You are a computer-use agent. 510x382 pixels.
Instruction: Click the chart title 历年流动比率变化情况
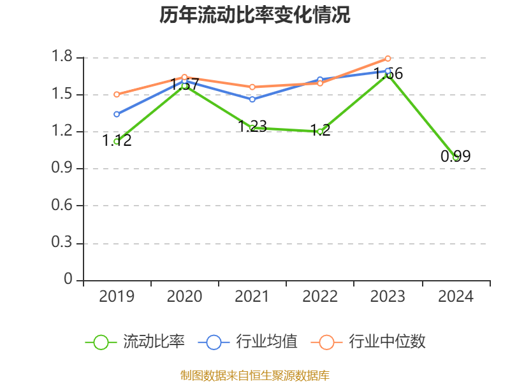[255, 15]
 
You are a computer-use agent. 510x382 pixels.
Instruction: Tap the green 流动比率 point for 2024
[455, 157]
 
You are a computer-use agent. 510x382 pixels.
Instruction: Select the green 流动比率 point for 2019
[117, 141]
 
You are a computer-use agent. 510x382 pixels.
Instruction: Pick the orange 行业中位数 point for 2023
[388, 59]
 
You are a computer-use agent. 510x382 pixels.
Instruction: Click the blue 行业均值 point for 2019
[117, 114]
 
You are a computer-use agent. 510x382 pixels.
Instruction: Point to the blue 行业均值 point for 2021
[252, 99]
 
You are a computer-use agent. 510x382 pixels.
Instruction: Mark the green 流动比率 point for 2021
[252, 128]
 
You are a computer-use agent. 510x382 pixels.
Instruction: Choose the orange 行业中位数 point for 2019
[117, 94]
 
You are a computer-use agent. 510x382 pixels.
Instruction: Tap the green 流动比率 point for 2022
[320, 131]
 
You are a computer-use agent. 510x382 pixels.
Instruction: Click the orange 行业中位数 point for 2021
[252, 87]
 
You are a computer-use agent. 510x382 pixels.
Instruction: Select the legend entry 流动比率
[135, 342]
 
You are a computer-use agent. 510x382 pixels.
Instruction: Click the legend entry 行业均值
[248, 342]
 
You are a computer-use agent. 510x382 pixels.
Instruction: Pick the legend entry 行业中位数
[368, 342]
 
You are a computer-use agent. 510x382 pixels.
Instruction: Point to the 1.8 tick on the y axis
[63, 57]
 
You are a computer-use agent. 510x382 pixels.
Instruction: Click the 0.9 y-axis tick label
[63, 169]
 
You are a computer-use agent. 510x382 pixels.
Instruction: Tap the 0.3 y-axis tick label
[63, 243]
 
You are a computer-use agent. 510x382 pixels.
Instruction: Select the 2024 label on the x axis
[455, 297]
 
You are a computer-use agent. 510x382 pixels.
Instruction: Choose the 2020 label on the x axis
[184, 297]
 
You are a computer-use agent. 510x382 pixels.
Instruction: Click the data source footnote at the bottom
[255, 375]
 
